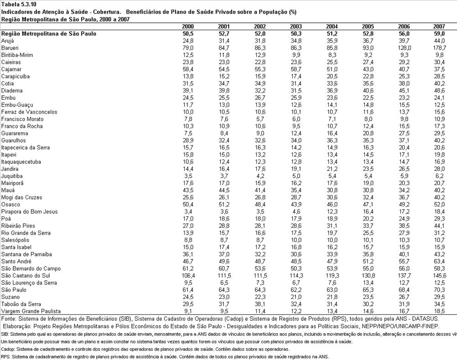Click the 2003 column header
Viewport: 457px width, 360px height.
(x=296, y=26)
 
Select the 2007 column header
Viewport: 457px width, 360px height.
(x=439, y=26)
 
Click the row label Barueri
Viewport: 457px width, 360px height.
(x=9, y=48)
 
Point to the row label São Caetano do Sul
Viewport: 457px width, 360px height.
(x=26, y=276)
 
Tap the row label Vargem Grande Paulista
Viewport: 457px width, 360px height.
(x=31, y=311)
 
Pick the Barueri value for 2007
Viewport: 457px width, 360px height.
(x=439, y=48)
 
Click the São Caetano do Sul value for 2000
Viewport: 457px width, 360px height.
(x=188, y=276)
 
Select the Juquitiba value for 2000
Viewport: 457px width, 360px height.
(x=188, y=176)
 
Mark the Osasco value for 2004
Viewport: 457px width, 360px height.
(x=332, y=205)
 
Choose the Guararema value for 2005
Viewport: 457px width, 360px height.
(x=368, y=134)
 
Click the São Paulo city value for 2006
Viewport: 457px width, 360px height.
(x=404, y=290)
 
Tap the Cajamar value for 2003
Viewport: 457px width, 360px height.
(x=296, y=69)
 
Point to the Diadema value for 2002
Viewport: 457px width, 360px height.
(x=260, y=91)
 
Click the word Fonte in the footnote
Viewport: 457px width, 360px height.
(x=8, y=319)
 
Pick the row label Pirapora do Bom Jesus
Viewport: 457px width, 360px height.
(x=30, y=211)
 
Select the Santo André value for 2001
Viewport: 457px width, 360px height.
(x=224, y=261)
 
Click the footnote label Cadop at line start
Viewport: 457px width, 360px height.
(x=5, y=349)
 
